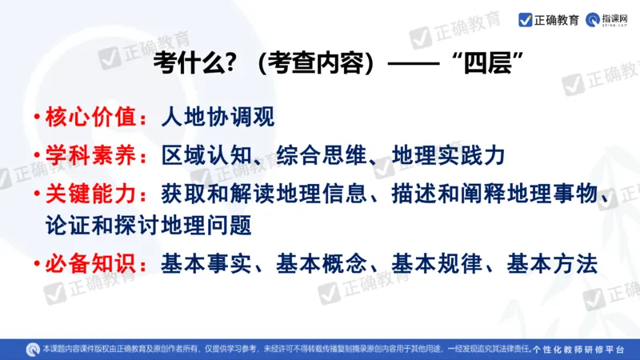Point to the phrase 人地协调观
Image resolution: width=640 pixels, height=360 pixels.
[x=218, y=118]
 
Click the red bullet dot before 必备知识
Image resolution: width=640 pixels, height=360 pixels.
[x=38, y=263]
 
